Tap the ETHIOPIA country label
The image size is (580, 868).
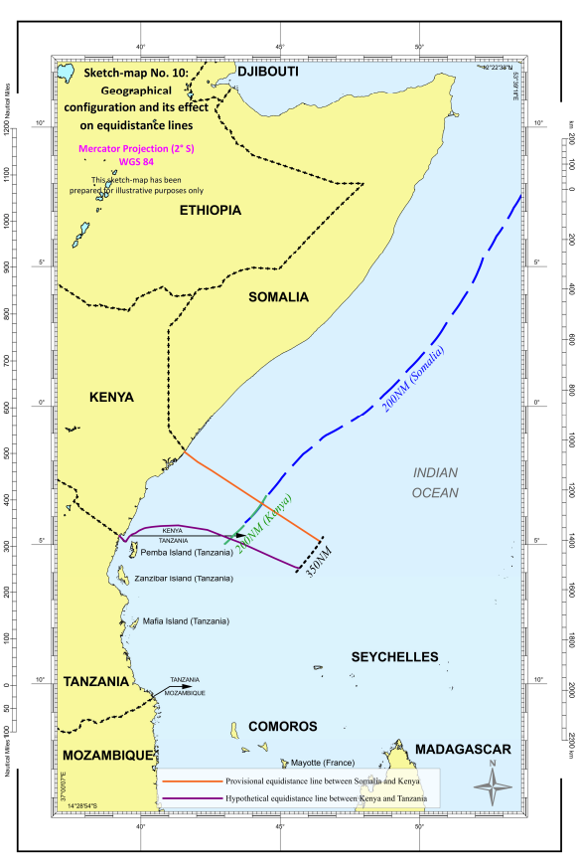(x=211, y=210)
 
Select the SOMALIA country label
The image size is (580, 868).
(x=278, y=297)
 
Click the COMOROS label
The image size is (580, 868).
(x=282, y=727)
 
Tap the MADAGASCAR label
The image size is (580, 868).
(x=463, y=749)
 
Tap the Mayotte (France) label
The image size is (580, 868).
(x=298, y=764)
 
